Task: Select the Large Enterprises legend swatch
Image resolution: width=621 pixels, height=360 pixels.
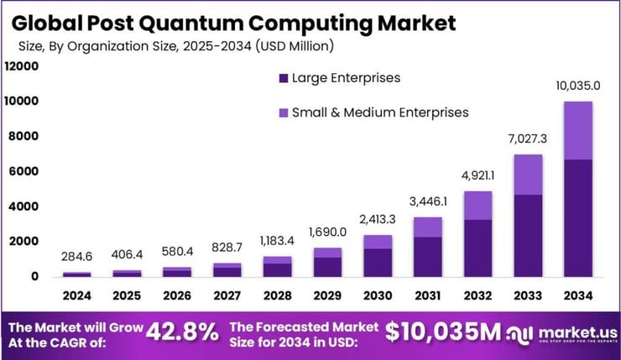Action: point(282,79)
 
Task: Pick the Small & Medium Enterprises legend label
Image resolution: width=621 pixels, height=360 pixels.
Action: point(379,112)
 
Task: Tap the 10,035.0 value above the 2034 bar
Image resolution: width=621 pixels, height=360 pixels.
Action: point(578,86)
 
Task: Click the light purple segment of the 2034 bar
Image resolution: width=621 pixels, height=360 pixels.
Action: point(578,130)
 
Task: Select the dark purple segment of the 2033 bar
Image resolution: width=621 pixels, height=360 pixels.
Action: point(528,235)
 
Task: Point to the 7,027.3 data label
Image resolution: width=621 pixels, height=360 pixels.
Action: point(528,138)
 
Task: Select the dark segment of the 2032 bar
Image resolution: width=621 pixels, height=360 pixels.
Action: point(477,248)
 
